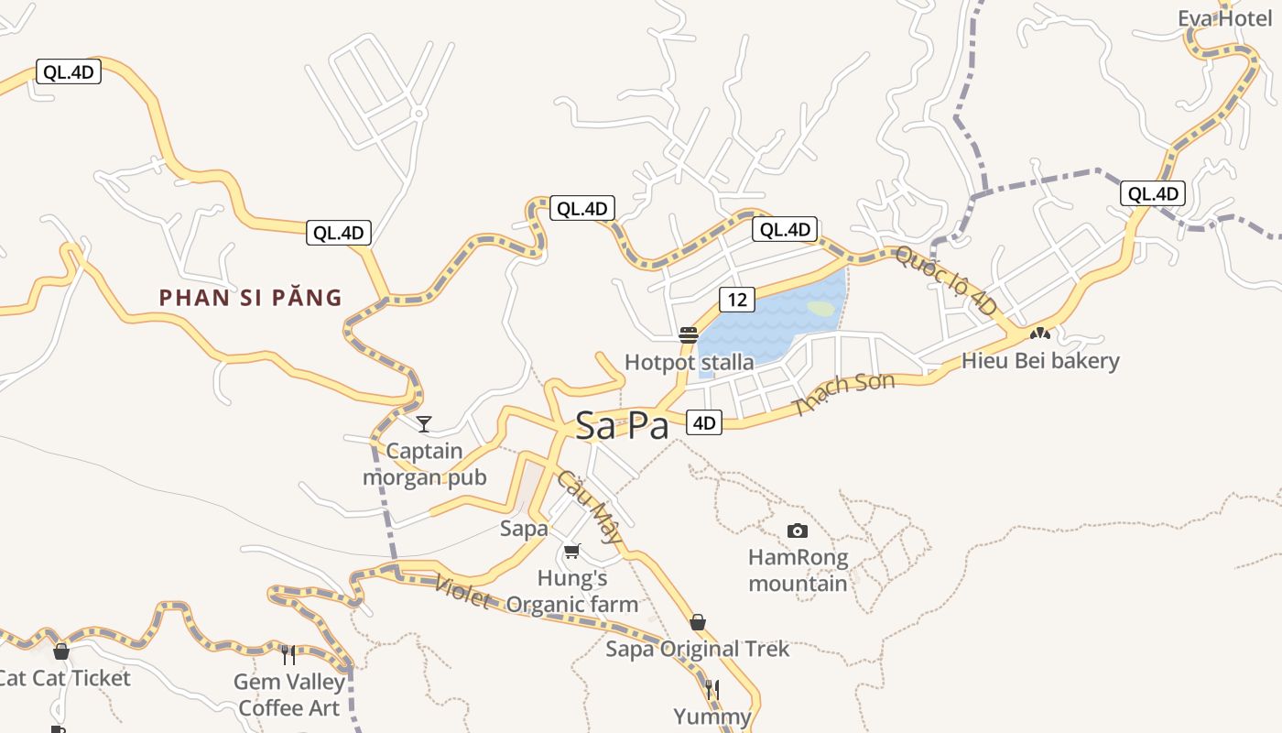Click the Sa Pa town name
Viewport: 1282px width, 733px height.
coord(623,426)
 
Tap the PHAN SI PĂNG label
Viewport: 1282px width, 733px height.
coord(250,298)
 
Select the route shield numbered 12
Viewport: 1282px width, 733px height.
coord(737,299)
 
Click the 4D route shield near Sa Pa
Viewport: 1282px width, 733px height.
coord(704,422)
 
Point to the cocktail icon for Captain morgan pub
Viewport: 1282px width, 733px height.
coord(424,423)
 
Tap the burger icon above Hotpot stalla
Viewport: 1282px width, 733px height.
coord(689,335)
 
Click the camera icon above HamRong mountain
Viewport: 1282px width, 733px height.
coord(798,531)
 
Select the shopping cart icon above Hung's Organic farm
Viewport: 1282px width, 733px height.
coord(572,551)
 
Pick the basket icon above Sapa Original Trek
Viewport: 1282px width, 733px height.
coord(698,623)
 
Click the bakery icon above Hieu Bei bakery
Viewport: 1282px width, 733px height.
coord(1039,334)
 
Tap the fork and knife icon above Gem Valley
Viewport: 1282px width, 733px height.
coord(288,654)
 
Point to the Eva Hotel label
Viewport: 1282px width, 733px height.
coord(1225,18)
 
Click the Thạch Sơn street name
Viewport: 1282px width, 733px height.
coord(843,393)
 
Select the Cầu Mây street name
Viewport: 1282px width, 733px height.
coord(589,509)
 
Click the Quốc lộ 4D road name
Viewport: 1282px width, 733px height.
coord(945,280)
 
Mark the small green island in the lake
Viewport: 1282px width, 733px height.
coord(822,309)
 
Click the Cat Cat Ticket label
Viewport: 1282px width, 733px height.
coord(64,678)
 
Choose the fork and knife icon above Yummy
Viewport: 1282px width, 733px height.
coord(712,689)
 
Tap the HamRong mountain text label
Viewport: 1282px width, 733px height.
coord(799,570)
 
